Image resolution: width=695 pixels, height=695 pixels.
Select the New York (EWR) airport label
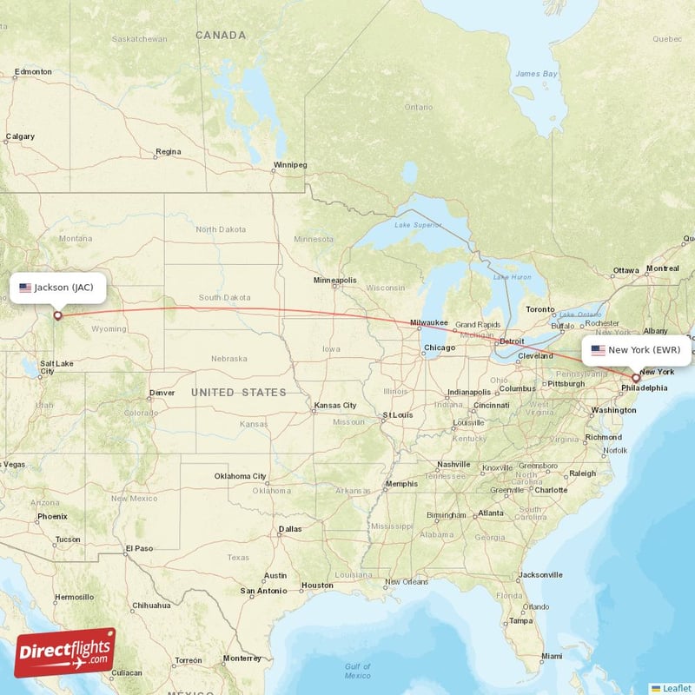pos(642,350)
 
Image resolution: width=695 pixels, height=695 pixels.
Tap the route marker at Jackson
pos(57,315)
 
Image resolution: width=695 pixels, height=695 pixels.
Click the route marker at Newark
pos(635,378)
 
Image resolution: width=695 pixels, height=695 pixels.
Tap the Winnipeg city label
pos(290,164)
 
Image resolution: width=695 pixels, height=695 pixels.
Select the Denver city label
pos(162,393)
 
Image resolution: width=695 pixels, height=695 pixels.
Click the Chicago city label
pos(438,348)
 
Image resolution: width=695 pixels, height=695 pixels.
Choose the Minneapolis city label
pos(335,281)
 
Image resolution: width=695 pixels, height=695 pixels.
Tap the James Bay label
pos(536,74)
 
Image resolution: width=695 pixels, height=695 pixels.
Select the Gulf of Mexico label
pos(357,671)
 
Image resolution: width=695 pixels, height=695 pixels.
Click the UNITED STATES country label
pos(239,393)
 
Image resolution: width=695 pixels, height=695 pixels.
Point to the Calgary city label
pos(20,136)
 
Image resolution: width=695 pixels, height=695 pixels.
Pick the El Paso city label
pos(139,548)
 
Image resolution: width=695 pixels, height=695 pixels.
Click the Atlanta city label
pos(490,513)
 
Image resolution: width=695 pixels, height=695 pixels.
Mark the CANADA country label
pos(221,35)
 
